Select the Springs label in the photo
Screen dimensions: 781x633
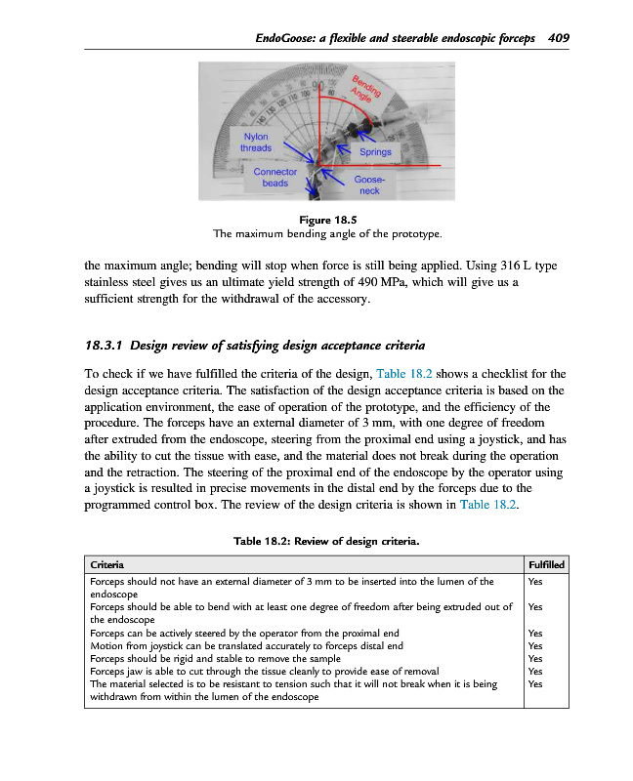pyautogui.click(x=375, y=152)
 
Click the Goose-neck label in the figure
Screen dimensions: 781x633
pyautogui.click(x=369, y=185)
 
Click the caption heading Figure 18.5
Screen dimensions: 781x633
pyautogui.click(x=327, y=220)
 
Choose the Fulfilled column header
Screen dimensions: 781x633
pyautogui.click(x=545, y=564)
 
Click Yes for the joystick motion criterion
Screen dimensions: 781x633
pyautogui.click(x=534, y=645)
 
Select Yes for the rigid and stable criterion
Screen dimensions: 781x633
pyautogui.click(x=534, y=658)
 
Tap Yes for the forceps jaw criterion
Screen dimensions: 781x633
pyautogui.click(x=534, y=671)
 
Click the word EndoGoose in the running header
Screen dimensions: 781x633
pyautogui.click(x=284, y=38)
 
